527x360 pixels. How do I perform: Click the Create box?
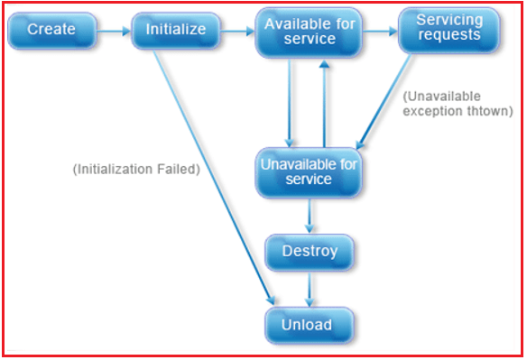pyautogui.click(x=51, y=31)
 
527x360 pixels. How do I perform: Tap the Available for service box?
pyautogui.click(x=310, y=31)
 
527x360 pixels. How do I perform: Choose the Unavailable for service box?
pyautogui.click(x=309, y=171)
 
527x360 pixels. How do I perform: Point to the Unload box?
pyautogui.click(x=308, y=325)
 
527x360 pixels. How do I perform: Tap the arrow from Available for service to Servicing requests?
pyautogui.click(x=379, y=31)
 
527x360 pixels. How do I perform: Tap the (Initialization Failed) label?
pyautogui.click(x=134, y=169)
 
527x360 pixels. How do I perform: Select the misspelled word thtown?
pyautogui.click(x=495, y=110)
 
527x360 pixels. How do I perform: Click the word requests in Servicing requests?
pyautogui.click(x=448, y=37)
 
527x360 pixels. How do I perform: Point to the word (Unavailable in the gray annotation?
pyautogui.click(x=442, y=96)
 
